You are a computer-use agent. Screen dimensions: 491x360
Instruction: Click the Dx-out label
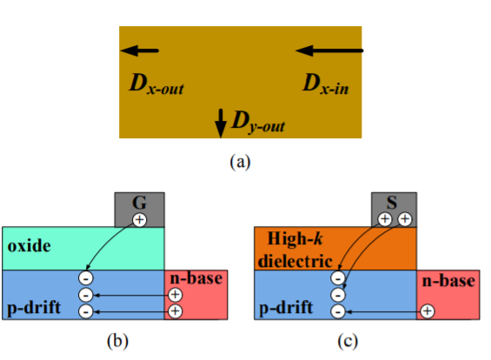(156, 83)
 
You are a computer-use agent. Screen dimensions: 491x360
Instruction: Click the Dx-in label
(326, 83)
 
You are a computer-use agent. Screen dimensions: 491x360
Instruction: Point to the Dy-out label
(258, 122)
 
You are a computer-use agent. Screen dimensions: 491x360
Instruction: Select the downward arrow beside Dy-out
(221, 123)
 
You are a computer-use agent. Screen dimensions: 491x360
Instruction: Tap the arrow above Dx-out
(140, 50)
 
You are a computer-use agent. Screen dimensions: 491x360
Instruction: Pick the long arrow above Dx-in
(329, 50)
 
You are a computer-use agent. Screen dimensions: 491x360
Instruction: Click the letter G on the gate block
(139, 203)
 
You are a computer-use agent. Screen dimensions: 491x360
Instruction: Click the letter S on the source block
(392, 203)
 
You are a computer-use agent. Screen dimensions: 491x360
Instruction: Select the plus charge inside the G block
(140, 220)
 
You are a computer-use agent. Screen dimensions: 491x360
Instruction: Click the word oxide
(29, 246)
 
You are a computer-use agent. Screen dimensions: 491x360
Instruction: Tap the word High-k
(295, 239)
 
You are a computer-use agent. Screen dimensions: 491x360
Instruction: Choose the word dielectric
(295, 261)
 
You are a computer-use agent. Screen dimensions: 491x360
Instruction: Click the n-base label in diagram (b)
(196, 278)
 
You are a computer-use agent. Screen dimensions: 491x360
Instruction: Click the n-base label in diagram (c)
(448, 280)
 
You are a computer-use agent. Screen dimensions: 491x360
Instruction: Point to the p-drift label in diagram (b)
(34, 308)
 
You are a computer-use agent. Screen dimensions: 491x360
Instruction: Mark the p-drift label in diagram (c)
(286, 308)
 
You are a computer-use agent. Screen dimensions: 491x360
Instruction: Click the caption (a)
(240, 162)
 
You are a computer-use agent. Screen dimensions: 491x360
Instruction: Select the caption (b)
(117, 341)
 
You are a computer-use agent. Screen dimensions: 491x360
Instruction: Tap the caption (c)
(348, 341)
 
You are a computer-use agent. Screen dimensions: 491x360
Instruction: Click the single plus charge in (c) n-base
(427, 311)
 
